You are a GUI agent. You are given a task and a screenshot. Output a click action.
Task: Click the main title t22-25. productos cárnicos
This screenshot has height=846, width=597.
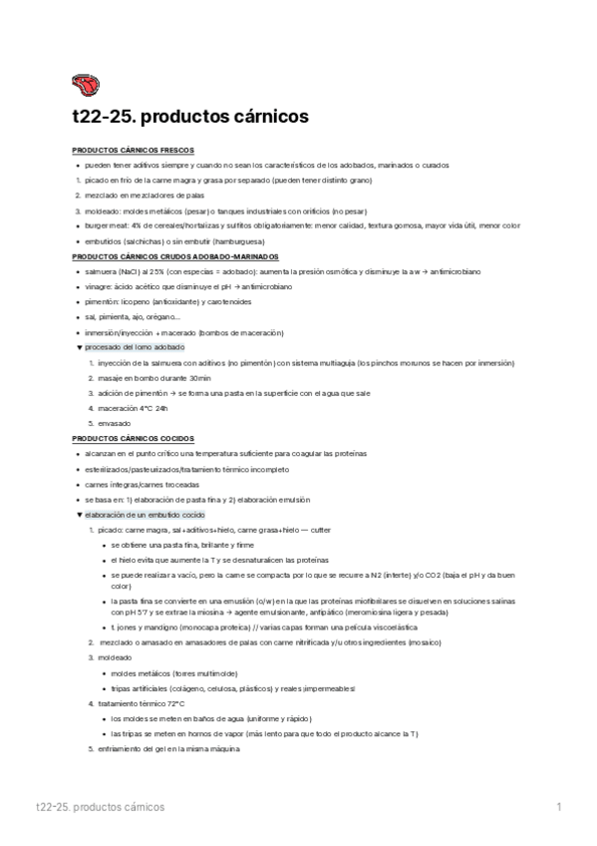click(190, 117)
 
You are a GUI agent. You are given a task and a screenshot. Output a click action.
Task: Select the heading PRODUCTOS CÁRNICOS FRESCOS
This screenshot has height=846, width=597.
click(124, 149)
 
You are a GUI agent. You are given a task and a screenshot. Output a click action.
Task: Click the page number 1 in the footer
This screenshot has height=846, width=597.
click(559, 806)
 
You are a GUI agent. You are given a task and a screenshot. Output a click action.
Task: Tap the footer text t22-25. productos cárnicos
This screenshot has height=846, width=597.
click(100, 806)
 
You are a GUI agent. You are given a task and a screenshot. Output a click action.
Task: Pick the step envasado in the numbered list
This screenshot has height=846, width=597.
click(115, 423)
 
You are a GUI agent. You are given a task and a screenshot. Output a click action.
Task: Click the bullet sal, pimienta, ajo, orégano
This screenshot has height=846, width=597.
click(132, 316)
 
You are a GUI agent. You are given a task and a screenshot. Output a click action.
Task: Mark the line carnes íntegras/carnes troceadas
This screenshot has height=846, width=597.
click(142, 484)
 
